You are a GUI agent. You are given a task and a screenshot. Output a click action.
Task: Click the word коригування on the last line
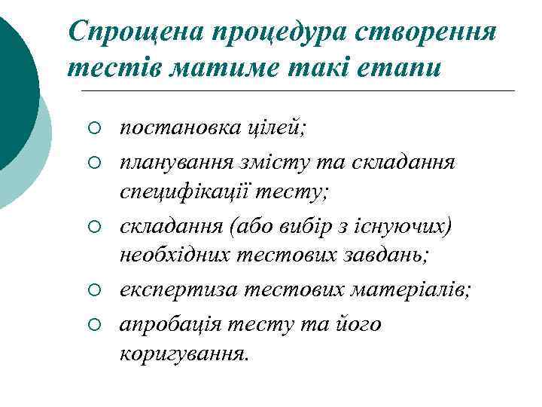pos(183,353)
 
